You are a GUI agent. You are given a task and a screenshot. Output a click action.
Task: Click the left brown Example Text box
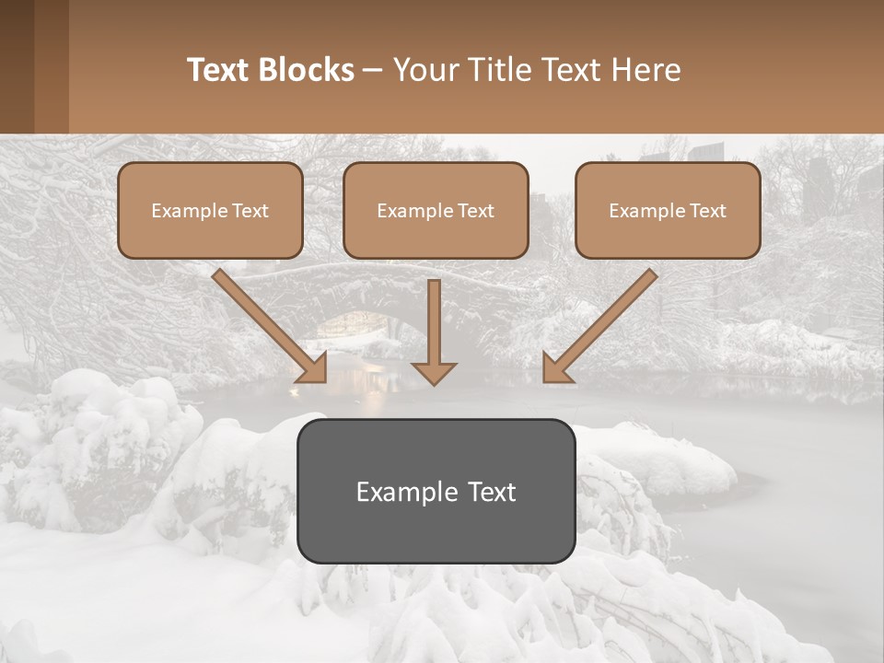click(210, 210)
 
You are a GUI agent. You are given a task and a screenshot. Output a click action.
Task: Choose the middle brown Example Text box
click(436, 210)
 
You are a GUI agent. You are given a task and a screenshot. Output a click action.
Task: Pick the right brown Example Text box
click(668, 210)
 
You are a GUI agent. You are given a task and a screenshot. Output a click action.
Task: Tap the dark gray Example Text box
click(436, 491)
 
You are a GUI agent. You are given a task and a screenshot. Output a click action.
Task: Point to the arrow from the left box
click(267, 322)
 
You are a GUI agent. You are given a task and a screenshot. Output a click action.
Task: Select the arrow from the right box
click(603, 322)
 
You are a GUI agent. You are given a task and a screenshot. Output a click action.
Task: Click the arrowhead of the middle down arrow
click(434, 372)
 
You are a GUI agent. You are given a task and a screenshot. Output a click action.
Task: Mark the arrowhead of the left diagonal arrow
click(313, 368)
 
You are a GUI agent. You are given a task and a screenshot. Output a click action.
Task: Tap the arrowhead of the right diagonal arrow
click(556, 368)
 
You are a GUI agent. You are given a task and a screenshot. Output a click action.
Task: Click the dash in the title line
click(373, 70)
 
